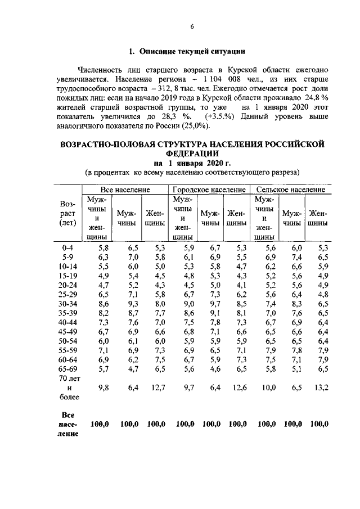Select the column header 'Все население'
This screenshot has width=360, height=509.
tap(125, 190)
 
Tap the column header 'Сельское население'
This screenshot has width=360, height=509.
tap(290, 190)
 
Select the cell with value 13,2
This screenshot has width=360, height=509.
tap(318, 389)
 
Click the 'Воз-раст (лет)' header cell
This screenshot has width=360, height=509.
tap(67, 213)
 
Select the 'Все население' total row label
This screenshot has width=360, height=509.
tap(67, 424)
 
